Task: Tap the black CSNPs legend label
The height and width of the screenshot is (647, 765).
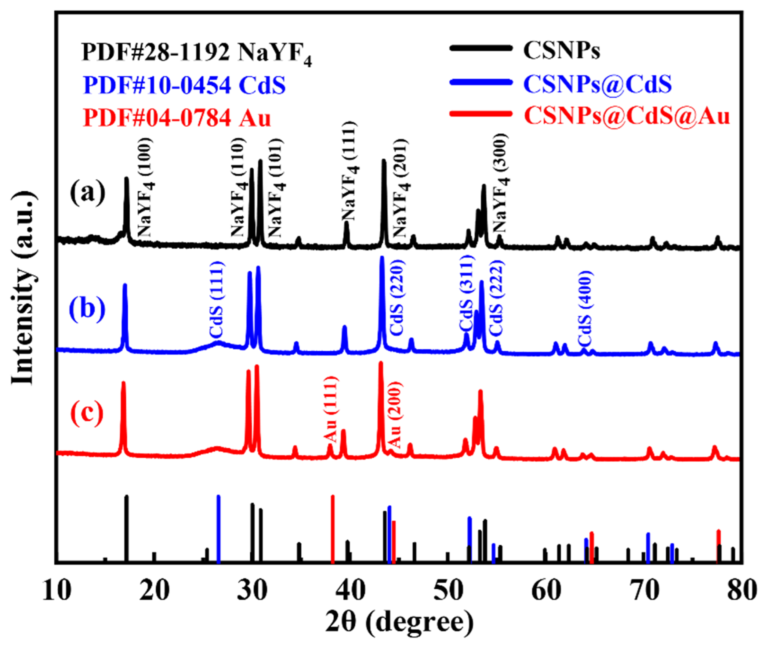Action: (561, 50)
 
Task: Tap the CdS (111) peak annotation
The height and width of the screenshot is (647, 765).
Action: (216, 300)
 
